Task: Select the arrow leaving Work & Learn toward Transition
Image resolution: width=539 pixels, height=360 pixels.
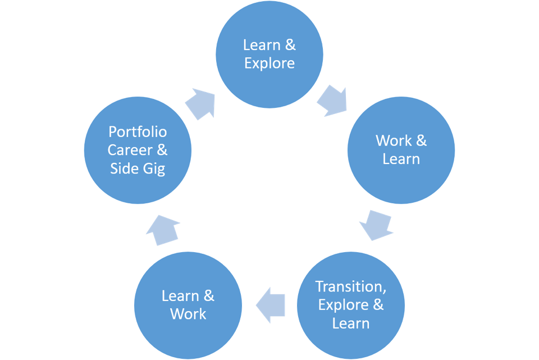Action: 373,225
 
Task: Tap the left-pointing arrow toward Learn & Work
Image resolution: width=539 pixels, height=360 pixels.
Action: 271,305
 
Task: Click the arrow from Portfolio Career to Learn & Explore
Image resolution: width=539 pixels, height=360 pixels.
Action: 200,103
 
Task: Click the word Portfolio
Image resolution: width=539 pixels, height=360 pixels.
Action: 138,131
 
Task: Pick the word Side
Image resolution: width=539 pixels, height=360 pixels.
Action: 124,168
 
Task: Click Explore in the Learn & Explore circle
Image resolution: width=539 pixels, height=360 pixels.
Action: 269,63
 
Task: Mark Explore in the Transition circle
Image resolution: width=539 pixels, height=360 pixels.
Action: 344,305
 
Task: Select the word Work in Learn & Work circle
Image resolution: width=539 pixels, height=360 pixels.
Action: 188,314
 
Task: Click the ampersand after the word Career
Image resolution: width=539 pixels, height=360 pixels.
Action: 161,150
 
